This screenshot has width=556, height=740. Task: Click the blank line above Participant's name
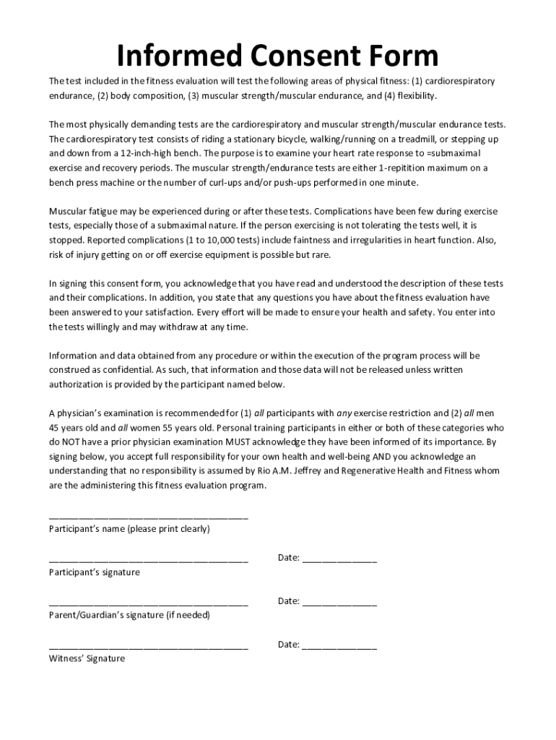(148, 517)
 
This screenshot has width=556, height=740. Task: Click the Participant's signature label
(94, 572)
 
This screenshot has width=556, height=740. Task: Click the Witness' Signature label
(87, 659)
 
